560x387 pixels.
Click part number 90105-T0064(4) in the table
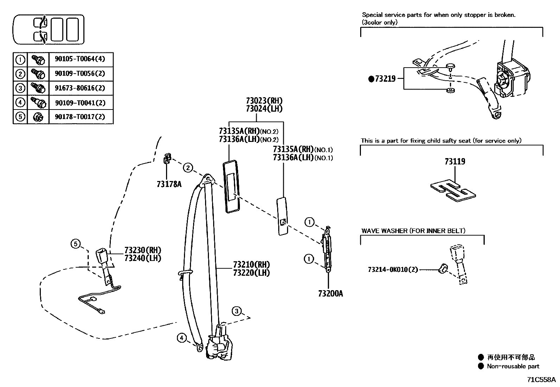coord(80,59)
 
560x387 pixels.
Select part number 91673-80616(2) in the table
coord(80,88)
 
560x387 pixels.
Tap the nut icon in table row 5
coord(38,117)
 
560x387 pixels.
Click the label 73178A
coord(169,184)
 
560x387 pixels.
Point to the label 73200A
coord(330,293)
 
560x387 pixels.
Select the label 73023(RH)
coord(264,101)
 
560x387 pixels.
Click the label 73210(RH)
coord(251,265)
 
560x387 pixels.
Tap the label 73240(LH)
coord(142,258)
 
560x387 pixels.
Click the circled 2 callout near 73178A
coord(188,168)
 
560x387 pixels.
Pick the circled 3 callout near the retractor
coord(237,311)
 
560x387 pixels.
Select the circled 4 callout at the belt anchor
coord(181,338)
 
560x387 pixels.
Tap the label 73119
coord(455,162)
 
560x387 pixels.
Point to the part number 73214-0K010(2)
coord(393,270)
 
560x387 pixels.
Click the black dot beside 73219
coord(371,79)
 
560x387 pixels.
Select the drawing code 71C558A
coord(541,380)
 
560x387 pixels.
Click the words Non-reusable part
coord(513,366)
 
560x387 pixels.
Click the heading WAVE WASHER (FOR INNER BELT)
coord(413,231)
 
